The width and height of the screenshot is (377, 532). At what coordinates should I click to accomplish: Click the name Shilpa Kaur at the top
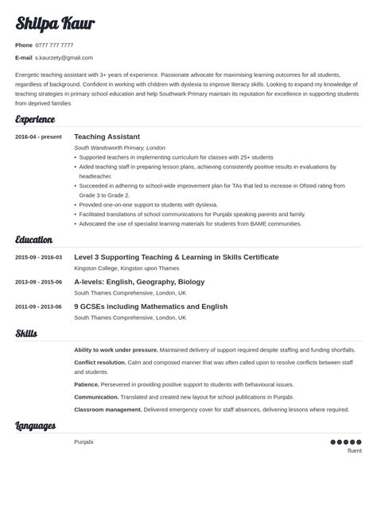[x=55, y=24]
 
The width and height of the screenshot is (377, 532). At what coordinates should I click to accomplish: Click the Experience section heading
[x=35, y=120]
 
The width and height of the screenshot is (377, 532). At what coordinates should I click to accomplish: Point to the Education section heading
[x=34, y=240]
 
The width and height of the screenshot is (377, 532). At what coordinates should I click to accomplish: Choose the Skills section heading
[x=26, y=333]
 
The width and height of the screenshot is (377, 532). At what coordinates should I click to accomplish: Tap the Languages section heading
[x=35, y=426]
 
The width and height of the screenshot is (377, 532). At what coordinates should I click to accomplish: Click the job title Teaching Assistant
[x=107, y=137]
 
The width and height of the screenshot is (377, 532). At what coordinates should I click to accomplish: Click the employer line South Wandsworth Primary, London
[x=119, y=148]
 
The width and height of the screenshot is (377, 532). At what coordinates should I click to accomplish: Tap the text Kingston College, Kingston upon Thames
[x=127, y=268]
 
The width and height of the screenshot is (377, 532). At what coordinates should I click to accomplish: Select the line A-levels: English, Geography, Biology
[x=139, y=282]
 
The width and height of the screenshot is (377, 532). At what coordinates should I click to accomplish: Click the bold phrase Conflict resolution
[x=100, y=362]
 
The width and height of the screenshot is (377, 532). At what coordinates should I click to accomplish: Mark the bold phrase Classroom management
[x=108, y=410]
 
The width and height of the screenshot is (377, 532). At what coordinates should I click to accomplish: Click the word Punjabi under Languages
[x=84, y=441]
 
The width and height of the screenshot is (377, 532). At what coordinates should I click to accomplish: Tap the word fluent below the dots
[x=355, y=451]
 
